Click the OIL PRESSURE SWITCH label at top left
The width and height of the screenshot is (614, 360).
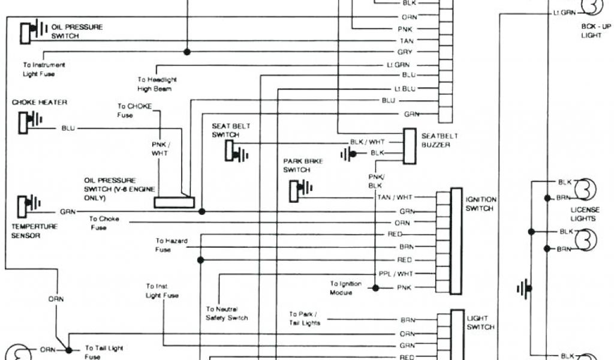click(77, 31)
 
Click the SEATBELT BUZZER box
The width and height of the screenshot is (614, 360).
click(410, 146)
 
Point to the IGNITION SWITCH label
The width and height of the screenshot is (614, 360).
click(480, 204)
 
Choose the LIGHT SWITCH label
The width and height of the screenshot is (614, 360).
click(480, 323)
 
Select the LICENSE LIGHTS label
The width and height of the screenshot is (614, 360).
click(585, 214)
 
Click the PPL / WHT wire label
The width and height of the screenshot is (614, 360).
click(396, 273)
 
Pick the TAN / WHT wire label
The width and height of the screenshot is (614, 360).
click(395, 197)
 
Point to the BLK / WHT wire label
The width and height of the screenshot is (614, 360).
click(368, 142)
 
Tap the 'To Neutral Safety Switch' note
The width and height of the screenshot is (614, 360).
click(227, 314)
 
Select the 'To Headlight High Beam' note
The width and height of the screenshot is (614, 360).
click(156, 84)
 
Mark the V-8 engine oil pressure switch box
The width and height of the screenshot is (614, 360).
click(174, 203)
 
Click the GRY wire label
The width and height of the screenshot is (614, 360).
click(405, 52)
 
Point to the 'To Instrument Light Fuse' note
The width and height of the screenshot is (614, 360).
click(44, 69)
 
